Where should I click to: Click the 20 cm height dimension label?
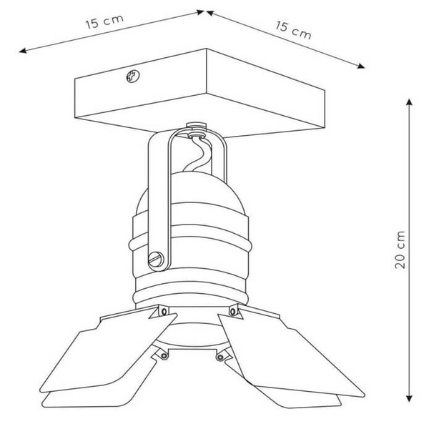click(x=400, y=250)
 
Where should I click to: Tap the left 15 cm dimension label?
click(x=104, y=21)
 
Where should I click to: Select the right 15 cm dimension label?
click(x=293, y=30)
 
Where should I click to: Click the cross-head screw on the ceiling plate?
click(x=133, y=76)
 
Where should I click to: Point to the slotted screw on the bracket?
click(x=156, y=260)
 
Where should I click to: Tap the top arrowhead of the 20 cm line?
click(x=409, y=102)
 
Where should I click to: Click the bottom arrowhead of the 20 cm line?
click(x=409, y=398)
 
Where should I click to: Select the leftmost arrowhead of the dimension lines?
click(x=22, y=51)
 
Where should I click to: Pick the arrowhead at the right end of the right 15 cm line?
click(x=361, y=66)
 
